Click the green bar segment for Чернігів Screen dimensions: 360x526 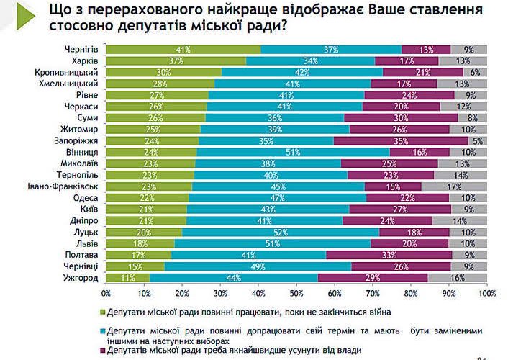coord(183,50)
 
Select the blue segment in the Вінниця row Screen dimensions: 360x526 coord(293,152)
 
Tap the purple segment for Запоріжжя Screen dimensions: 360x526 coord(401,141)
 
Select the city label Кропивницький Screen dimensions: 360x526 coord(68,73)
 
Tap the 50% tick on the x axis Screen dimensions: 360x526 coord(296,294)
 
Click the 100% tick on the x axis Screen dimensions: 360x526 coord(486,294)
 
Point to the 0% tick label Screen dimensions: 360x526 coord(106,294)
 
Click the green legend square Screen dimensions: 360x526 coord(103,312)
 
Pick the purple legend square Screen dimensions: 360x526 coord(103,349)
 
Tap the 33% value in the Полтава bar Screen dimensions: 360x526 coord(391,255)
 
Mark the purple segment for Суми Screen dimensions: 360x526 coord(399,118)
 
